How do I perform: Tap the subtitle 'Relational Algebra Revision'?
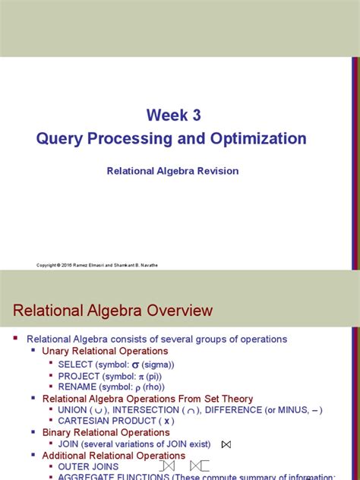[x=172, y=171]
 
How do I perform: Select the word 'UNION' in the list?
[x=73, y=410]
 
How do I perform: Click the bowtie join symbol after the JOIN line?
[x=226, y=444]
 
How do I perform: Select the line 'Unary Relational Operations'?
[x=105, y=351]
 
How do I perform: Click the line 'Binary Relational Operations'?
[x=106, y=432]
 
